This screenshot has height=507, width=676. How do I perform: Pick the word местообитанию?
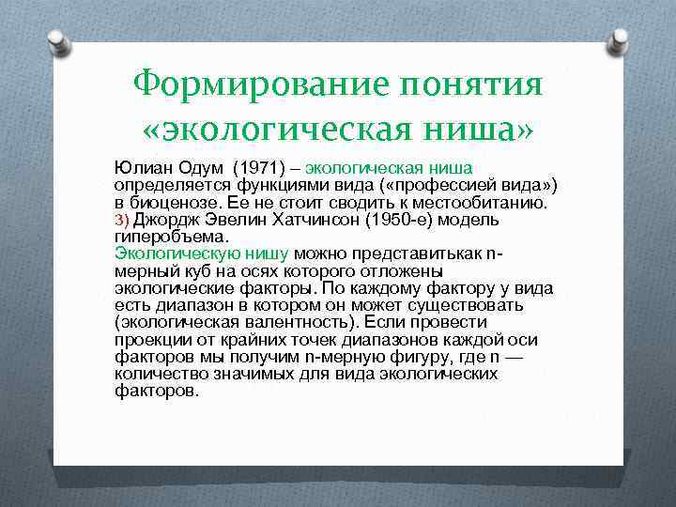point(480,202)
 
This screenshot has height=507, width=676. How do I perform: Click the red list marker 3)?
point(122,220)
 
